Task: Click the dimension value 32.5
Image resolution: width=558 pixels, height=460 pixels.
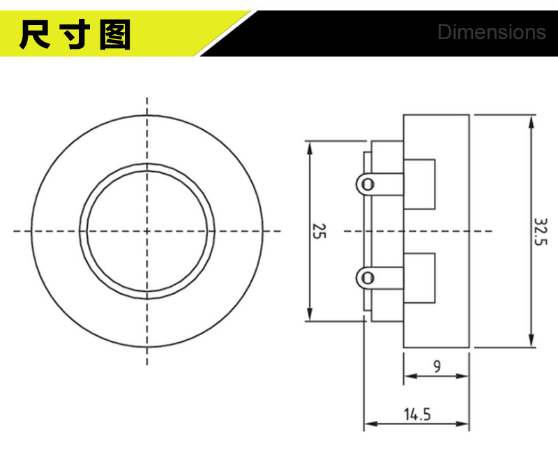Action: click(541, 232)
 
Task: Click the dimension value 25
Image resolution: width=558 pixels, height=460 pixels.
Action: click(319, 231)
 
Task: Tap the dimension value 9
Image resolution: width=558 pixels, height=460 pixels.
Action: click(437, 366)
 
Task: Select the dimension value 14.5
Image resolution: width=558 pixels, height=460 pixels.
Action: click(417, 415)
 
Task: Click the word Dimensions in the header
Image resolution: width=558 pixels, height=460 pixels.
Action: click(492, 32)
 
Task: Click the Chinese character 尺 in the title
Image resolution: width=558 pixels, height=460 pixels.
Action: click(34, 34)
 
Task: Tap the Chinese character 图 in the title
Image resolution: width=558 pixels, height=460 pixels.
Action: click(115, 34)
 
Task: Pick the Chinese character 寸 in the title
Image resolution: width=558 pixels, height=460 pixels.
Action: click(75, 34)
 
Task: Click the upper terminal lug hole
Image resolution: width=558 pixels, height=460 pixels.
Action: click(368, 184)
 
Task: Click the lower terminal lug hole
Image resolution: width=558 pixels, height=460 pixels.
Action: click(368, 278)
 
